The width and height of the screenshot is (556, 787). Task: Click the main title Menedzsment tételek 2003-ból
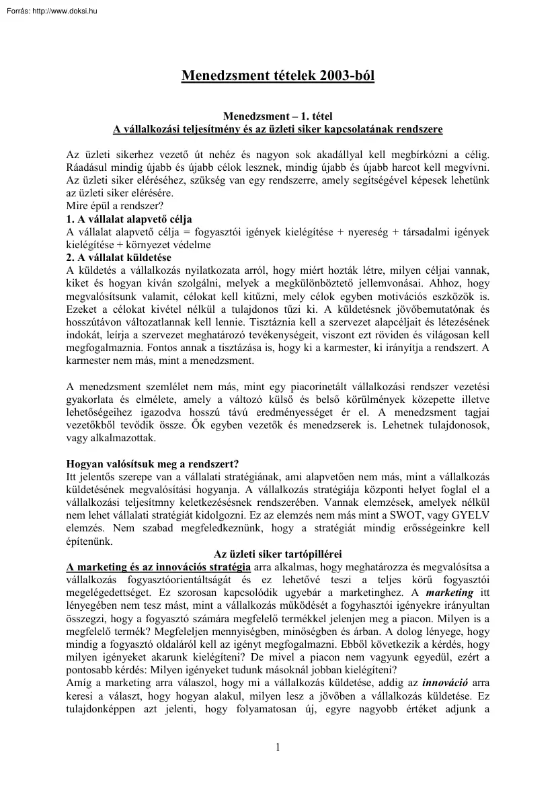(278, 75)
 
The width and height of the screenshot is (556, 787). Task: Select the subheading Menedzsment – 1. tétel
(278, 116)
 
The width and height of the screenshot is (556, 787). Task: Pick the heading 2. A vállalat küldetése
(118, 258)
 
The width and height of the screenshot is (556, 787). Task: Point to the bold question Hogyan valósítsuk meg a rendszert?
(153, 463)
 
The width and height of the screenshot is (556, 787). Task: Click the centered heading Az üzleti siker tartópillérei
(278, 554)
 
